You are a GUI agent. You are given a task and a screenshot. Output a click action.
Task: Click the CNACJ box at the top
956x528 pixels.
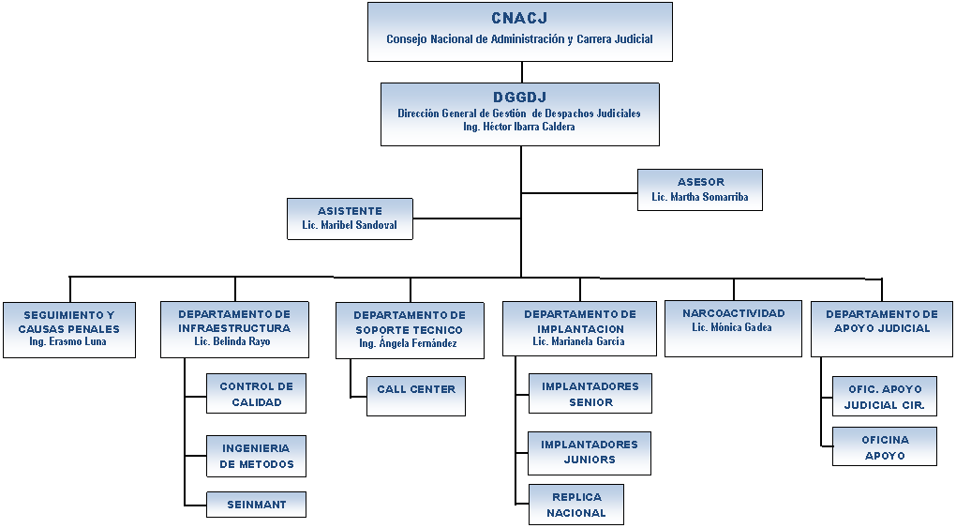(520, 32)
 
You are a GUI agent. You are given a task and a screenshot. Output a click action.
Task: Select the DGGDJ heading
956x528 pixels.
(519, 97)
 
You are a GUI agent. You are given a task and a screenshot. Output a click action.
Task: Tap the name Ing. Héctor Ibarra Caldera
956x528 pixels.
(519, 127)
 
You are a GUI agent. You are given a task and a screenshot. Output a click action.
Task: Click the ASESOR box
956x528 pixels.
(700, 189)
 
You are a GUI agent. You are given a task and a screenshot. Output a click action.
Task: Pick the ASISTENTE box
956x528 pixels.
(350, 219)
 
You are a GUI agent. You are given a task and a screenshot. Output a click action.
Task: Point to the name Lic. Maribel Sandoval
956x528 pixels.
(350, 225)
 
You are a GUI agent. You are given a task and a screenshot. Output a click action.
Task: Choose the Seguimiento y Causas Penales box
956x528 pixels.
(69, 329)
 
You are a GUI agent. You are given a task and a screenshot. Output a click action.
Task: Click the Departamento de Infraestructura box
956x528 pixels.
(234, 329)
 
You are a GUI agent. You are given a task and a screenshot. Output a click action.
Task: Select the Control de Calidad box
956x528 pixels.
(256, 394)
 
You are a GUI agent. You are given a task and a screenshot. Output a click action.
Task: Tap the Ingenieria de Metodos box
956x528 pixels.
(256, 456)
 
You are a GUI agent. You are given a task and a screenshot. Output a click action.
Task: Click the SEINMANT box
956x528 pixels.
(256, 505)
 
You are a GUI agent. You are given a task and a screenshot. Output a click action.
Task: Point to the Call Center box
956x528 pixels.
(416, 396)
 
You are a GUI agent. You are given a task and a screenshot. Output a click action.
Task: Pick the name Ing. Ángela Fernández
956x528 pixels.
(408, 343)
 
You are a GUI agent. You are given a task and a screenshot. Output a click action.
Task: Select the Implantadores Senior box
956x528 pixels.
(590, 394)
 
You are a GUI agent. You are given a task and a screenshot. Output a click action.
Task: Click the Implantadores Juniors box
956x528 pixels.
(590, 454)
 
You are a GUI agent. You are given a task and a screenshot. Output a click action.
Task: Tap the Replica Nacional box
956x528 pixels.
(576, 505)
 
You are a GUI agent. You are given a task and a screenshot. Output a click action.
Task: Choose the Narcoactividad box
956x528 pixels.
(733, 328)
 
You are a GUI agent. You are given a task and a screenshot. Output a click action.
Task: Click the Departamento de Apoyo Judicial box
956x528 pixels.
(882, 329)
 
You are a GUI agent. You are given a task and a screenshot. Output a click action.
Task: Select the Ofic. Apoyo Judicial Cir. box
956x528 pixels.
(885, 396)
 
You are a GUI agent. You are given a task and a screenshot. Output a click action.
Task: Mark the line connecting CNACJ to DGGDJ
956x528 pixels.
(522, 72)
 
